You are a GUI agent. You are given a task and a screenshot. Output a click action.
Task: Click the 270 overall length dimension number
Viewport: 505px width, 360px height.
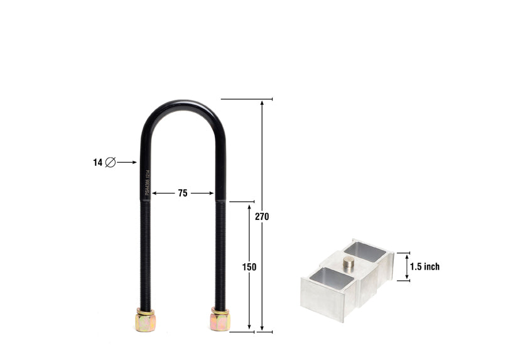(262, 217)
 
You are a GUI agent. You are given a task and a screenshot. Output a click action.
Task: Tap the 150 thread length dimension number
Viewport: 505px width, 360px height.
(249, 267)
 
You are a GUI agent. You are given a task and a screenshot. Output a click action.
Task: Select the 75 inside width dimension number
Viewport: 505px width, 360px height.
(182, 194)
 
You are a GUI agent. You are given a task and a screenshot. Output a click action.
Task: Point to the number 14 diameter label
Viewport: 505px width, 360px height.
(97, 163)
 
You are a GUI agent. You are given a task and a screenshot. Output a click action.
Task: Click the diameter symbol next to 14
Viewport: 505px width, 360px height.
(111, 163)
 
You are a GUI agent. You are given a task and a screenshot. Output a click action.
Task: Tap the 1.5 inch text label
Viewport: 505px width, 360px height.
(425, 267)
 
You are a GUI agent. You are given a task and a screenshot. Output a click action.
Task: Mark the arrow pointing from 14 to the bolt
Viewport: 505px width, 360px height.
(127, 163)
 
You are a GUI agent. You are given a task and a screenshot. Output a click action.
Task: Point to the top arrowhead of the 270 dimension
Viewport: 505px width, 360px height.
(262, 103)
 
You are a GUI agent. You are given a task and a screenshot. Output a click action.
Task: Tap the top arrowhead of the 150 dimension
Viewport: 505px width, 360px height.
(249, 206)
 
